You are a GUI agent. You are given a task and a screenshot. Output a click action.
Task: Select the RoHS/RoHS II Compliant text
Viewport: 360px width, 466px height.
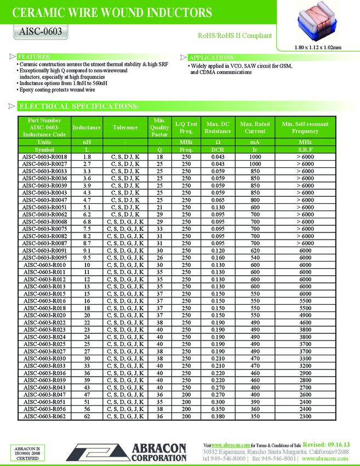(x=235, y=36)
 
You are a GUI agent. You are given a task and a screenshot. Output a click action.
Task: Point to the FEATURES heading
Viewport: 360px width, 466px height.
(x=35, y=57)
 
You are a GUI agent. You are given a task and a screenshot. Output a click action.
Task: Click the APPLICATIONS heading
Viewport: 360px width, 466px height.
(x=212, y=58)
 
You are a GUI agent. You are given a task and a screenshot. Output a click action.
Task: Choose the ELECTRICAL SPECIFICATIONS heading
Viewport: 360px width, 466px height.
(x=78, y=106)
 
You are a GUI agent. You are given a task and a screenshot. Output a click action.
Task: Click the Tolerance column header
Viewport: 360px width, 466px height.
(x=125, y=128)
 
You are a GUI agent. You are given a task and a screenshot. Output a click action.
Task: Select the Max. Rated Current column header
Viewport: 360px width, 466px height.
(x=255, y=128)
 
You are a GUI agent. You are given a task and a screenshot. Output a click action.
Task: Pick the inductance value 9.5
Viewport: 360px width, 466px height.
(x=87, y=258)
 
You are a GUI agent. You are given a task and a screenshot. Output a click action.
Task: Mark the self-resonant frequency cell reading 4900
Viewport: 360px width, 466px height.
(x=305, y=316)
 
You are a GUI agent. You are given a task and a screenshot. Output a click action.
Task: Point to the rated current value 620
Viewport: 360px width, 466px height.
(x=255, y=251)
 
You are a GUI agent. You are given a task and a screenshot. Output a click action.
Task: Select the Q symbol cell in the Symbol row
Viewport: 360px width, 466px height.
(x=159, y=149)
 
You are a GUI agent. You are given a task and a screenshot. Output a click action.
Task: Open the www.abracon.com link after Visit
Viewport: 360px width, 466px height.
(x=228, y=445)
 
